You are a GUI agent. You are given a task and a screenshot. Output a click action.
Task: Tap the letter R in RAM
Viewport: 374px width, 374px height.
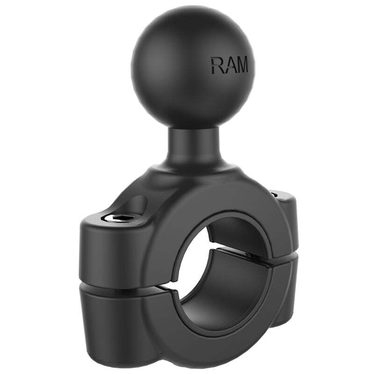tap(216, 65)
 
